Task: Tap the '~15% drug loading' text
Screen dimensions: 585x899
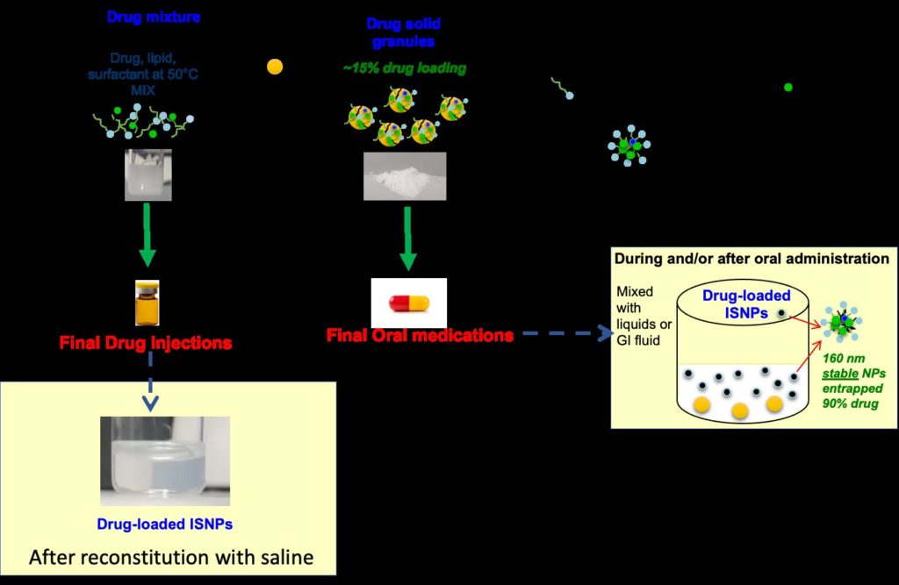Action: coord(405,68)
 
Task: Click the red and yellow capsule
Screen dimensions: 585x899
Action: coord(408,303)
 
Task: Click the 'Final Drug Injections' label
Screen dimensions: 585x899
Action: coord(147,342)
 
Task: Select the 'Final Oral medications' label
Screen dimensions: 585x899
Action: coord(420,335)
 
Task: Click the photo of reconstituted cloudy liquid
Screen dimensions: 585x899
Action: coord(165,460)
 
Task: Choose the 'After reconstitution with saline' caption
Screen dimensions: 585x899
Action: coord(171,557)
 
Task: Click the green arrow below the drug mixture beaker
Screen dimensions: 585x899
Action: coord(147,235)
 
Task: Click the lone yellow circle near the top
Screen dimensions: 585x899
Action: coord(275,67)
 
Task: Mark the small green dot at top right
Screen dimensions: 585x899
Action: coord(788,87)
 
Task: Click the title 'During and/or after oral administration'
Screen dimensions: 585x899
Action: coord(752,259)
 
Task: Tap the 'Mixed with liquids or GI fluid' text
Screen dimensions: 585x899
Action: coord(641,315)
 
